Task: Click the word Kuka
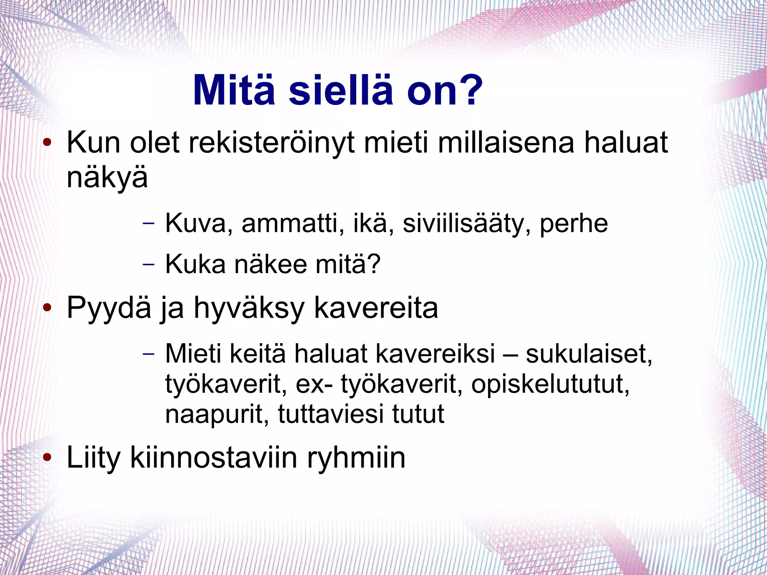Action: (x=195, y=264)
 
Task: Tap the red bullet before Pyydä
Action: (x=47, y=308)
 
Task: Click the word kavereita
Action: (x=376, y=308)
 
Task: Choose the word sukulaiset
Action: (x=589, y=354)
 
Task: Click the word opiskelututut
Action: (x=550, y=385)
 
